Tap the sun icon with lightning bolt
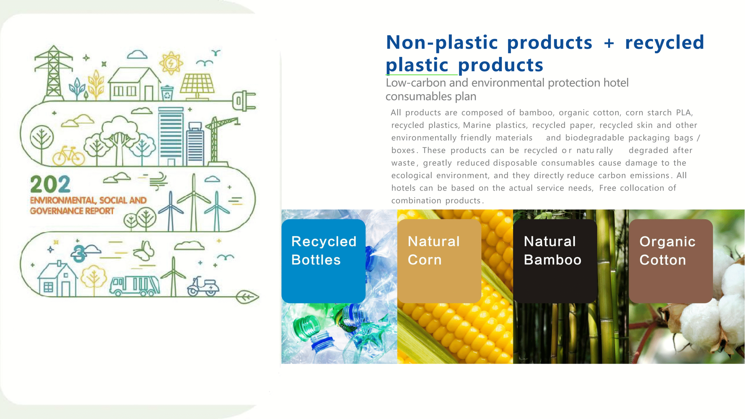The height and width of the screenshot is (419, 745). click(171, 63)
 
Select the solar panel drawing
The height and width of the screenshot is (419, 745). click(197, 86)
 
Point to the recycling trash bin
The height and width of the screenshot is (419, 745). click(167, 93)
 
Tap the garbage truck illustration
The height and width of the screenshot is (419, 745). click(134, 285)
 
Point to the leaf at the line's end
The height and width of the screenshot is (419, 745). click(247, 297)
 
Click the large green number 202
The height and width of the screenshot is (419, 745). click(50, 184)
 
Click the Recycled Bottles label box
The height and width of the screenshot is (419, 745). click(323, 261)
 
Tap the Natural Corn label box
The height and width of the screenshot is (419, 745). click(439, 261)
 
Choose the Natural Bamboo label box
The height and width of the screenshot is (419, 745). click(555, 261)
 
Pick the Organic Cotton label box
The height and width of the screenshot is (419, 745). click(671, 261)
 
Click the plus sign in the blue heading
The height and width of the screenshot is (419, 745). click(609, 43)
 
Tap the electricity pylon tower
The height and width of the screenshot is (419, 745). click(54, 74)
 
